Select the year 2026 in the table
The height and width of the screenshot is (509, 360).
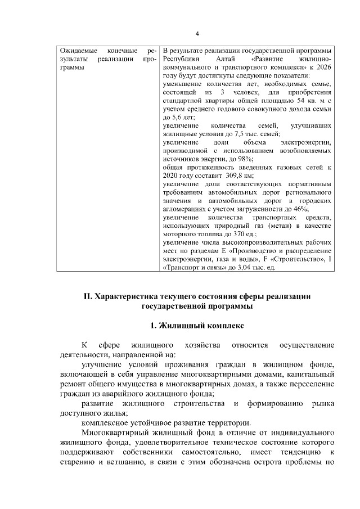(321, 67)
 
